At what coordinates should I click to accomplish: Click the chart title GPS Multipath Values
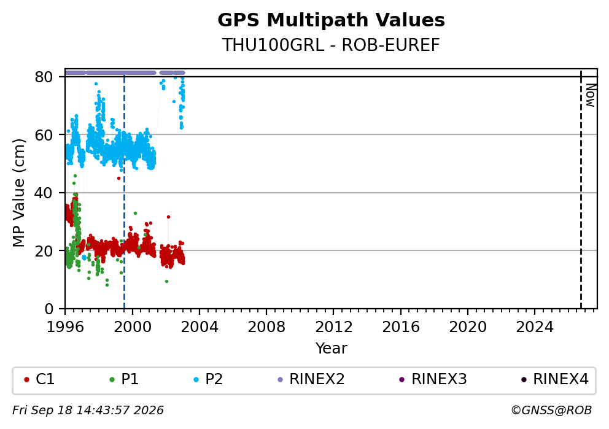(x=331, y=20)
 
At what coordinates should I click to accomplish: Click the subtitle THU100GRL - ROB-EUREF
(x=331, y=45)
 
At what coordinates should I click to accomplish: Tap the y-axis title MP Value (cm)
(x=18, y=193)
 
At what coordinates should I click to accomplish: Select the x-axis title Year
(x=332, y=348)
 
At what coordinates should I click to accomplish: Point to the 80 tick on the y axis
(x=44, y=77)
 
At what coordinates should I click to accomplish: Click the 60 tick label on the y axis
(x=44, y=135)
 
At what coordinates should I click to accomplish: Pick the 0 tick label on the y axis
(x=49, y=309)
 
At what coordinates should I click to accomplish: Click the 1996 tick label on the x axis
(x=65, y=327)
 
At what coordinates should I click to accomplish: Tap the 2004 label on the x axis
(x=200, y=327)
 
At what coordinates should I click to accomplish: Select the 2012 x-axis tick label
(x=333, y=327)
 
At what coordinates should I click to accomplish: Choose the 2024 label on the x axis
(x=535, y=327)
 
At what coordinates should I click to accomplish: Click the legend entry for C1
(x=39, y=379)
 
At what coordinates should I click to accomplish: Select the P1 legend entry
(x=124, y=379)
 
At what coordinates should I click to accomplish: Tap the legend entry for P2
(x=208, y=379)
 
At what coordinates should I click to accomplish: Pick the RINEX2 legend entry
(x=311, y=379)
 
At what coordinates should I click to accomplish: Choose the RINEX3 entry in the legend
(x=433, y=379)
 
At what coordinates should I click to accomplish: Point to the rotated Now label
(x=591, y=95)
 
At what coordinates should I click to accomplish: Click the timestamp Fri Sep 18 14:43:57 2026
(x=88, y=411)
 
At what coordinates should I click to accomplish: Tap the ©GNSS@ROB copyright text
(x=551, y=411)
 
